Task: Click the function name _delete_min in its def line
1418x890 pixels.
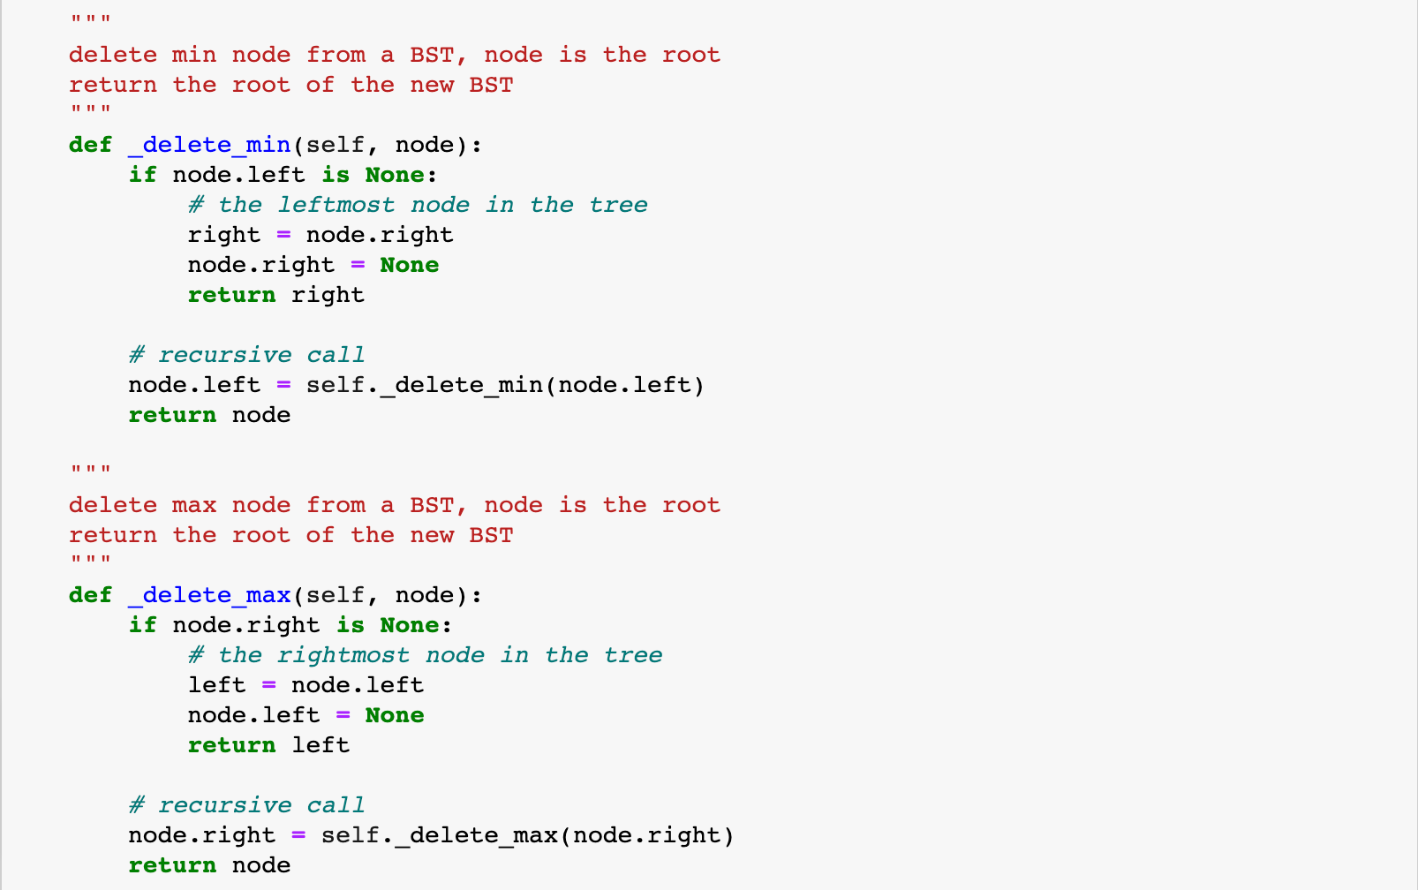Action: (x=209, y=145)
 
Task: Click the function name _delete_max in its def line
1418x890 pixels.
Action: (x=209, y=595)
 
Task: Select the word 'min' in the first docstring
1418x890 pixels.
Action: (x=194, y=55)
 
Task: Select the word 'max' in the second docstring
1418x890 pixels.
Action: (x=194, y=505)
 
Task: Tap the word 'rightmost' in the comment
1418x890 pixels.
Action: (x=343, y=655)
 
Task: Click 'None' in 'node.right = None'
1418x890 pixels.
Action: (x=410, y=265)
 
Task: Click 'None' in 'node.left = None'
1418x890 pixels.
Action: (x=395, y=715)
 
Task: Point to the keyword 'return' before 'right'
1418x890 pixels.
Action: (x=231, y=295)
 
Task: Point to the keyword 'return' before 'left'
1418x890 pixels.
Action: (x=231, y=745)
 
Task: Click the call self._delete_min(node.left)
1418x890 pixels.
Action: (x=505, y=385)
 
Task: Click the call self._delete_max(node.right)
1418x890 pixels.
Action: (x=527, y=835)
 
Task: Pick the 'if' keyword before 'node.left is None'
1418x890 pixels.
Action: (x=142, y=175)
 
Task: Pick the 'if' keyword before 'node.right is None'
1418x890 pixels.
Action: (x=142, y=625)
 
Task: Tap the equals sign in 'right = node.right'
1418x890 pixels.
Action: (x=283, y=235)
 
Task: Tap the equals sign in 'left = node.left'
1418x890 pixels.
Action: (x=268, y=685)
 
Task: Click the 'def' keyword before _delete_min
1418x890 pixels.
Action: (x=91, y=145)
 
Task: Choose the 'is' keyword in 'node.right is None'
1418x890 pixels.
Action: (x=351, y=625)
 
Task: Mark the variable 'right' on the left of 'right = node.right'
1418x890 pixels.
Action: (x=224, y=235)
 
